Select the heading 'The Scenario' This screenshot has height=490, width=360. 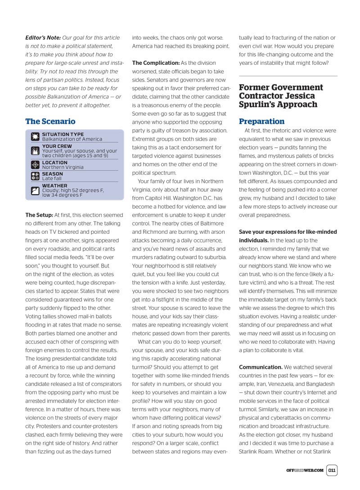[50, 122]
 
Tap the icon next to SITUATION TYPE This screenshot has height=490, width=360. [35, 137]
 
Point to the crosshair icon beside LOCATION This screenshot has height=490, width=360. [35, 165]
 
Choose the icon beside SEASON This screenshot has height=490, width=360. [35, 176]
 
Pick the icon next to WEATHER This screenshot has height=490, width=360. [35, 190]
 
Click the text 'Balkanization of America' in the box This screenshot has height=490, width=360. [72, 140]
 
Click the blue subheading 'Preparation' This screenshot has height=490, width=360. [261, 122]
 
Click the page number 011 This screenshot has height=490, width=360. [332, 470]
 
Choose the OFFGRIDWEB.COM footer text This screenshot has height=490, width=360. [305, 471]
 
